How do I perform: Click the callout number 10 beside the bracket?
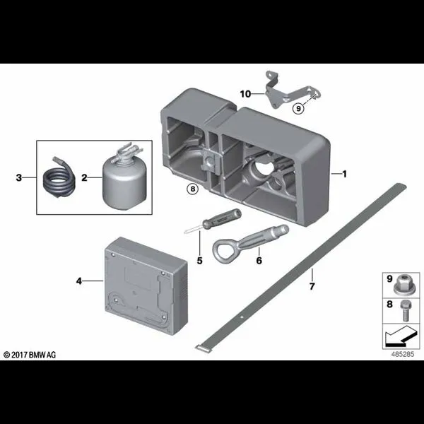coord(245,94)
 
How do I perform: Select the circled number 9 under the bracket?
coord(298,108)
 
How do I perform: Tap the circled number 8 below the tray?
coord(192,189)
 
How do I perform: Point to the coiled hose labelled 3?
coord(59,177)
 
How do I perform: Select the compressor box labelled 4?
coord(146,285)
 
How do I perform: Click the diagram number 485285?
coord(402,354)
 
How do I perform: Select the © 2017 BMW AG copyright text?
coord(30,355)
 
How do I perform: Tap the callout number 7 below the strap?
coord(312,286)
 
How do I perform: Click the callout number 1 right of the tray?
coord(345,174)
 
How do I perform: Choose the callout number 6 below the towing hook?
coord(259,261)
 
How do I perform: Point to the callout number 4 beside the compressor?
coord(78,281)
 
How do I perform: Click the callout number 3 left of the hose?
coord(18,177)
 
